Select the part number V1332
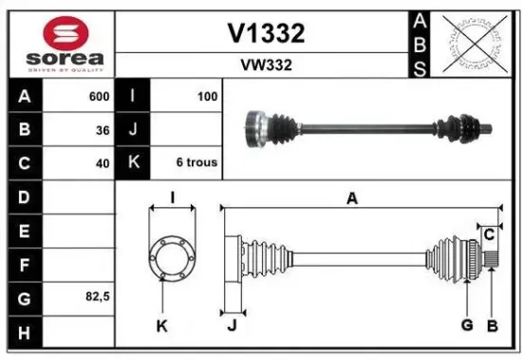266,34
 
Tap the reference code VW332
266,66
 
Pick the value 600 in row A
97,97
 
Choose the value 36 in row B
102,130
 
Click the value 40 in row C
102,163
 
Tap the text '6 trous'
196,162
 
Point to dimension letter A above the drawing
352,198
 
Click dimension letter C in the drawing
489,234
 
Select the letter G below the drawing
467,326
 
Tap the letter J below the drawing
232,326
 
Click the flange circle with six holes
171,256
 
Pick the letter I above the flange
172,198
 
